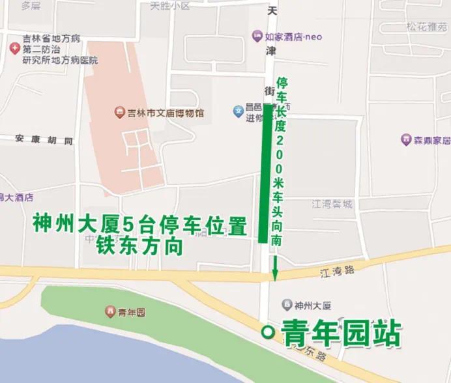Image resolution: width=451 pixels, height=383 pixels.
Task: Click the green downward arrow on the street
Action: (275, 270)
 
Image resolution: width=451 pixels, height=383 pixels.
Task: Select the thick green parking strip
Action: (265, 173)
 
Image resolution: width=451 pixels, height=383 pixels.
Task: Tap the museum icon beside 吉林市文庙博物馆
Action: (119, 113)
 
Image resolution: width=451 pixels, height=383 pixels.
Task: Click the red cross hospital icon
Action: (14, 49)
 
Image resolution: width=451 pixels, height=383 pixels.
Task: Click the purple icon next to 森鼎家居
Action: (406, 140)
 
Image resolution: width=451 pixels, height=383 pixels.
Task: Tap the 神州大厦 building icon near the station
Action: (286, 305)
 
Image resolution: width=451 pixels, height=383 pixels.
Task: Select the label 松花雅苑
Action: (427, 27)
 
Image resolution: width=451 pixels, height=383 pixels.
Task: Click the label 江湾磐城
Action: (332, 204)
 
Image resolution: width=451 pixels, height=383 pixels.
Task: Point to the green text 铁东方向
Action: (139, 246)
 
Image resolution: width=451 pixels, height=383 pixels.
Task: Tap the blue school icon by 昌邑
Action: (238, 111)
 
